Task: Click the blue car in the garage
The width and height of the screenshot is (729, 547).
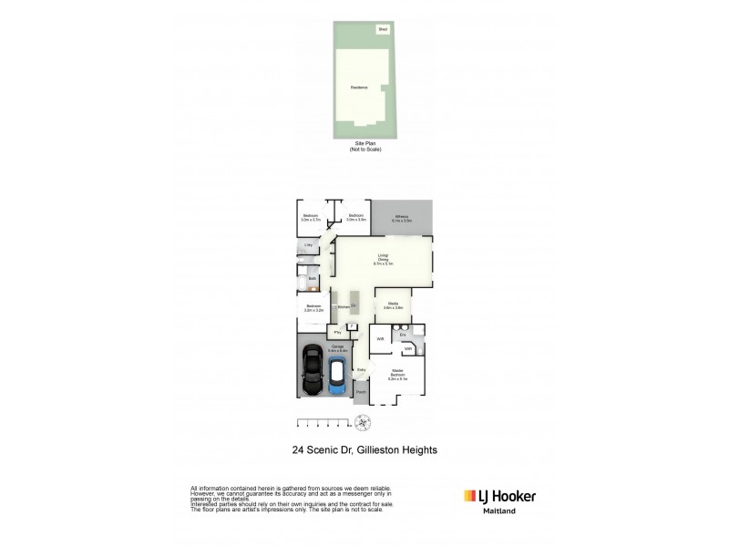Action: tap(337, 376)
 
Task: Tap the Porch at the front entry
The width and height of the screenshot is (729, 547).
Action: tap(362, 393)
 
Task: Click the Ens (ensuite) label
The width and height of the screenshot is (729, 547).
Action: tap(403, 335)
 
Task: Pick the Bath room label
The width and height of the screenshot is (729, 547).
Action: tap(311, 278)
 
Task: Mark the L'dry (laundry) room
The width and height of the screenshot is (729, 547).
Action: tap(309, 247)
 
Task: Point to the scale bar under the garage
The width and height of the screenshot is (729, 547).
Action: tap(324, 421)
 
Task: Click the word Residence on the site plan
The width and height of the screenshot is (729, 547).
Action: tap(359, 88)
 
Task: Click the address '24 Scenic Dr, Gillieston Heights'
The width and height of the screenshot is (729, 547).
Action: tap(364, 449)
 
